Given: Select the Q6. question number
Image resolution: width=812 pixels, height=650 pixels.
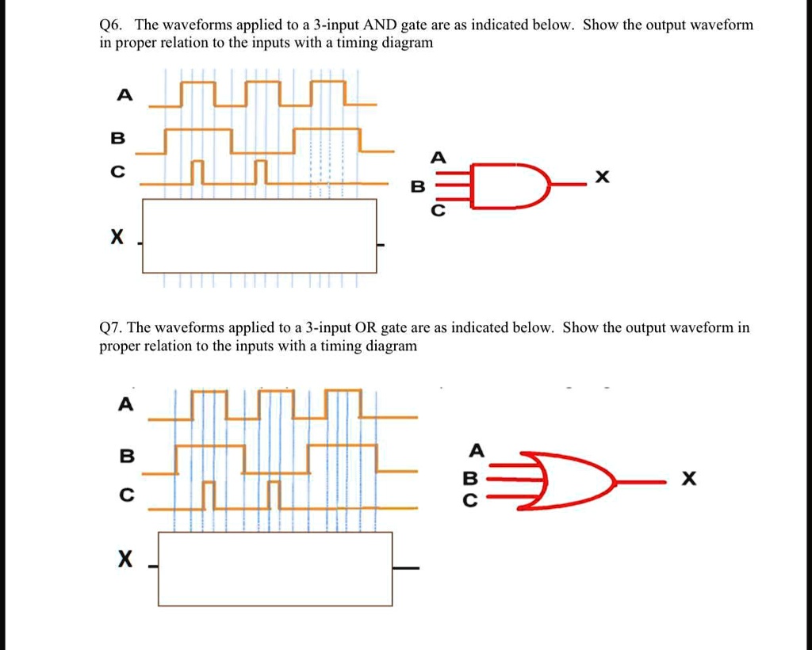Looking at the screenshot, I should pyautogui.click(x=112, y=25).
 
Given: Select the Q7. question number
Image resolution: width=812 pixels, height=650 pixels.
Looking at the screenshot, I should pyautogui.click(x=112, y=327).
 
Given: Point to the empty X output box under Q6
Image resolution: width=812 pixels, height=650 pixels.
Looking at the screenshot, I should pyautogui.click(x=259, y=235).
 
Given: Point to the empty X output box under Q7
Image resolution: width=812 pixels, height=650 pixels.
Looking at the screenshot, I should pyautogui.click(x=275, y=568).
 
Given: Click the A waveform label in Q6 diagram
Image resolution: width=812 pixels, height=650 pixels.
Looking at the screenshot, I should pyautogui.click(x=121, y=94).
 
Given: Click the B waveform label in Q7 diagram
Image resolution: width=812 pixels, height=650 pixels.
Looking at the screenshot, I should pyautogui.click(x=124, y=457).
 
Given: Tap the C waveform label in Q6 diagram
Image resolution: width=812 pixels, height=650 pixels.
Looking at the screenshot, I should pyautogui.click(x=118, y=173).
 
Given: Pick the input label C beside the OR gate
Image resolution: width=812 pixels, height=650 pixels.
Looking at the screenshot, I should pyautogui.click(x=471, y=501).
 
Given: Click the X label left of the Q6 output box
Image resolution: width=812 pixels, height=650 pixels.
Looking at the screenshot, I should pyautogui.click(x=117, y=236).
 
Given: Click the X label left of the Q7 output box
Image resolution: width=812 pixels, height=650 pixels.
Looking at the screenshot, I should pyautogui.click(x=124, y=560).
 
